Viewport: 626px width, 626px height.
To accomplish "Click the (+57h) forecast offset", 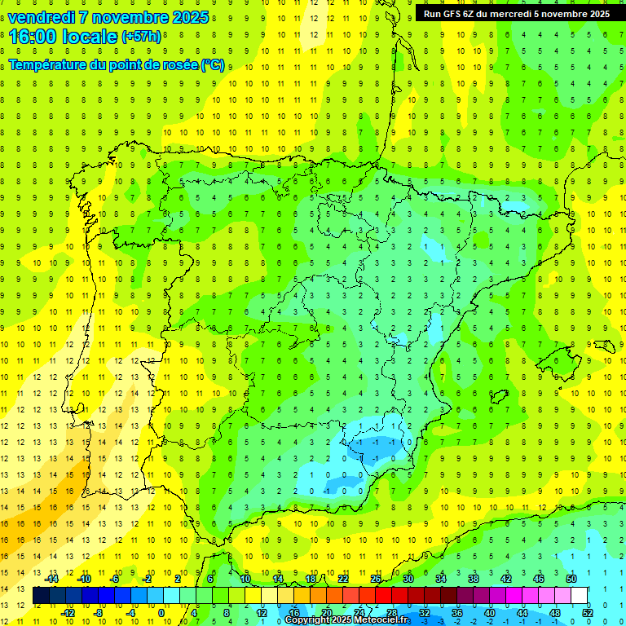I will (x=140, y=37).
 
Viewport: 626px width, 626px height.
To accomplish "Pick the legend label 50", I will (x=571, y=579).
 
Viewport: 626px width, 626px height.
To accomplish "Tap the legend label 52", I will (x=588, y=613).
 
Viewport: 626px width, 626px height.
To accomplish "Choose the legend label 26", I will (x=376, y=579).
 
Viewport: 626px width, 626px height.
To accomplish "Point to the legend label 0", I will (x=161, y=613).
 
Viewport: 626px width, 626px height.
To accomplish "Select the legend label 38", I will (x=474, y=579).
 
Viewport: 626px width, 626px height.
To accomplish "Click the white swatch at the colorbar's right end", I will (x=580, y=596).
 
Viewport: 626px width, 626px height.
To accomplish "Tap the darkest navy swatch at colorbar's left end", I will (x=41, y=596).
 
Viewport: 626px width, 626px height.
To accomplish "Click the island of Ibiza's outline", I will (x=496, y=396).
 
